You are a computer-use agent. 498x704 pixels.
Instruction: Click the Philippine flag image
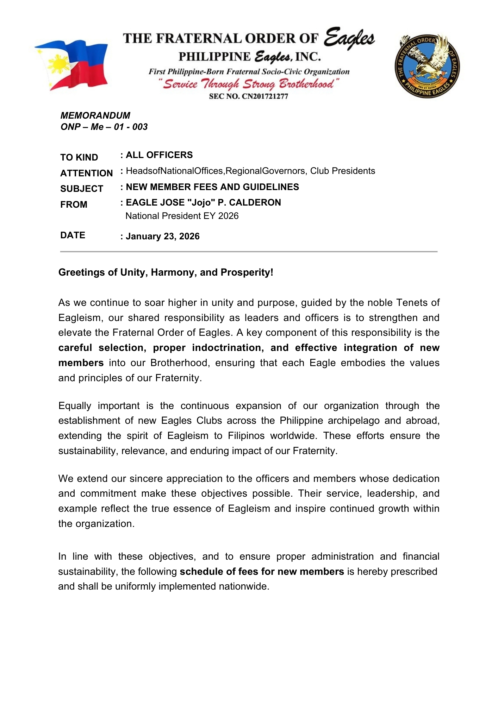tap(72, 65)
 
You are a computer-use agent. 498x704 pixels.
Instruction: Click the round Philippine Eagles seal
tap(427, 66)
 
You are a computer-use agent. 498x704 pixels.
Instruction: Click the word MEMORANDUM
tap(95, 115)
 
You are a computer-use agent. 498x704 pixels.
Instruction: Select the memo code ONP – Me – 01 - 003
tap(104, 127)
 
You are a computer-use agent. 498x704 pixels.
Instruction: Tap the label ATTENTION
tap(86, 173)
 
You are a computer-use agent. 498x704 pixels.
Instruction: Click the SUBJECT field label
tap(81, 189)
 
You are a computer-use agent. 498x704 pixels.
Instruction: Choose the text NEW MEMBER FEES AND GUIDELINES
tap(212, 187)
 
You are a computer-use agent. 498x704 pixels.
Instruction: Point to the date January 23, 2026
tap(162, 236)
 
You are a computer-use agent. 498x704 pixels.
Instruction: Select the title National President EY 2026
tap(182, 216)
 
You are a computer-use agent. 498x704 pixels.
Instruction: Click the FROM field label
tap(74, 205)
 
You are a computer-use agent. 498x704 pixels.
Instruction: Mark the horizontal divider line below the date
tap(249, 252)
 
